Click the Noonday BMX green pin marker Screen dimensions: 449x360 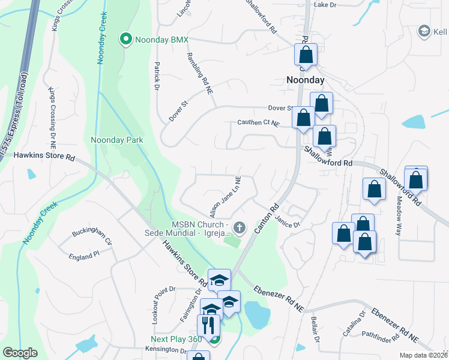click(126, 40)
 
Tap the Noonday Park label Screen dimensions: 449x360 click(116, 140)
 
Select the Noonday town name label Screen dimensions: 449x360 click(305, 80)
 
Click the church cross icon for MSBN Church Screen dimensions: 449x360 click(240, 227)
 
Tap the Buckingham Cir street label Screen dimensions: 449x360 click(92, 232)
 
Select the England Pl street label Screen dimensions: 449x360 click(83, 256)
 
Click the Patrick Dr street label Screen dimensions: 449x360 click(157, 75)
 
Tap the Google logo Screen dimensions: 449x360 click(20, 353)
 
